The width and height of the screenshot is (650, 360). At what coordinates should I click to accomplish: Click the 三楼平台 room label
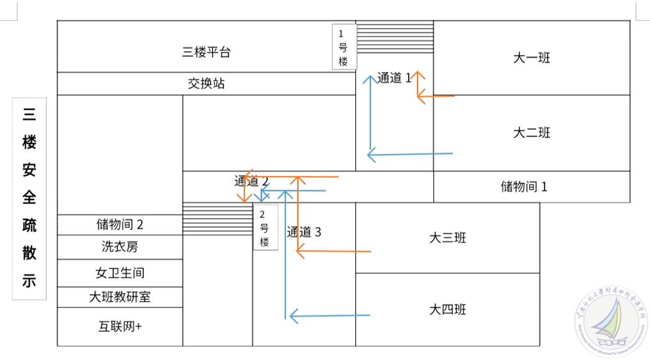click(x=206, y=52)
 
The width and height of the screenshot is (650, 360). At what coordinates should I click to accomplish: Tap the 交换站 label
click(x=206, y=84)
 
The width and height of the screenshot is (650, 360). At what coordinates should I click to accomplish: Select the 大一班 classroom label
click(x=531, y=58)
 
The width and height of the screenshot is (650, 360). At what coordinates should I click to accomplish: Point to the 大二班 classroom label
click(x=531, y=133)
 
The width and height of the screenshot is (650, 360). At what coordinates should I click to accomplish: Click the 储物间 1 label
click(x=524, y=187)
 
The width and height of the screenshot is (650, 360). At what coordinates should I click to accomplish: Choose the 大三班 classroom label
click(x=447, y=238)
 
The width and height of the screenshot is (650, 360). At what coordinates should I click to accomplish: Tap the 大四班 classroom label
click(x=447, y=309)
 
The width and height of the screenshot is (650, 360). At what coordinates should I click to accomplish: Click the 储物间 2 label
click(x=120, y=224)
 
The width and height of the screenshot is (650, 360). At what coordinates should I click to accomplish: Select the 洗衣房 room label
click(x=120, y=247)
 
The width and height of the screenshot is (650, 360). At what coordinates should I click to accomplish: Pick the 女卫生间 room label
click(x=120, y=273)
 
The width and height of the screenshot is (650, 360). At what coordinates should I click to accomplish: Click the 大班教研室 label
click(x=120, y=297)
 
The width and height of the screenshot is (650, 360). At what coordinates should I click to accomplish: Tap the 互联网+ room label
click(x=120, y=326)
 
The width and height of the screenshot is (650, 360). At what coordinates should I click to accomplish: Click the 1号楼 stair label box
click(x=344, y=47)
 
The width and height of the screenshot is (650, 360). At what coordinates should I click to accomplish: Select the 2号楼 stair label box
click(x=265, y=228)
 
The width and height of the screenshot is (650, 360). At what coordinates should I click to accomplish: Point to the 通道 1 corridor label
click(x=393, y=78)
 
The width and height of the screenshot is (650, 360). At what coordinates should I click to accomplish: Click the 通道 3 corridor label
click(x=304, y=232)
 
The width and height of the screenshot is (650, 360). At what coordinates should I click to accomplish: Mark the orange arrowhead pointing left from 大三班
click(x=301, y=251)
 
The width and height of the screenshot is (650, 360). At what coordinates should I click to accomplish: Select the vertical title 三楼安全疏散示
click(x=29, y=199)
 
